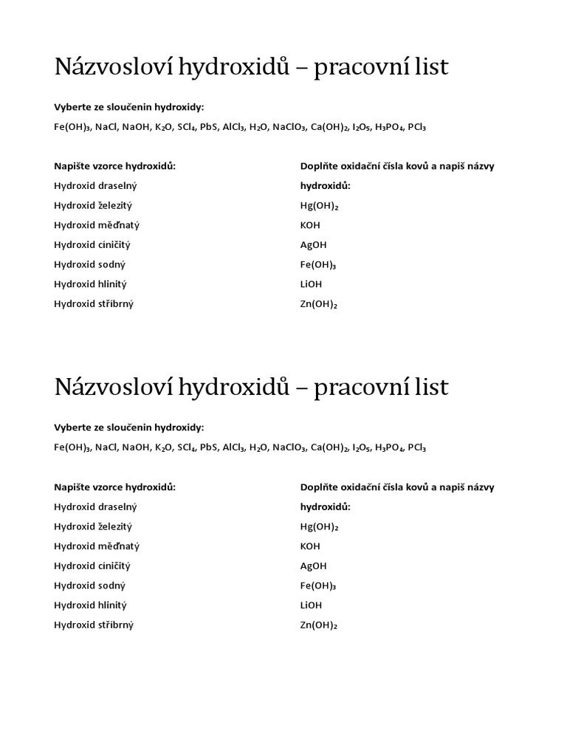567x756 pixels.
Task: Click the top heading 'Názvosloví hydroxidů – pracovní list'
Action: pos(251,68)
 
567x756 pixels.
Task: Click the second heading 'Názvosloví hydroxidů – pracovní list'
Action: pos(251,388)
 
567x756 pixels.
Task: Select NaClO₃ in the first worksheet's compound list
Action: pos(289,127)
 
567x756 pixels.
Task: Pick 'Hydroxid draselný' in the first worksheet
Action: pos(95,186)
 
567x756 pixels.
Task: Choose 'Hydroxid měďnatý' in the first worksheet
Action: pos(97,225)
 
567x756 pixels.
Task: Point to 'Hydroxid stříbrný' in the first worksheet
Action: pos(94,303)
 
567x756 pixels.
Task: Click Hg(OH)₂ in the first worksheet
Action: pos(319,206)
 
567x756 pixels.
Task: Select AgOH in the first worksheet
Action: pos(313,245)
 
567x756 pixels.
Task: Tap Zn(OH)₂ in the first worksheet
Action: pos(318,303)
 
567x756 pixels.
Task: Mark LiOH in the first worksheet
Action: pos(311,284)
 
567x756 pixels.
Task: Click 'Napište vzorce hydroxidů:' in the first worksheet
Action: pos(114,166)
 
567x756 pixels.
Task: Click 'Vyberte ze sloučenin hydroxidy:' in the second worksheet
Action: pos(128,427)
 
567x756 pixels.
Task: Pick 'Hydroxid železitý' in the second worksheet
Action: pos(93,526)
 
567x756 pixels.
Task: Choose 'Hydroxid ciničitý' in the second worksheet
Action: pos(92,566)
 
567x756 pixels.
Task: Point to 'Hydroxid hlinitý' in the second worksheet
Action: pos(91,605)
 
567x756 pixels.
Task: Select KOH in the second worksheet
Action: pos(310,546)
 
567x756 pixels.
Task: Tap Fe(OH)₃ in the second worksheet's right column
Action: pos(318,585)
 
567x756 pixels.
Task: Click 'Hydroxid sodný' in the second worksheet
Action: pos(89,585)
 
